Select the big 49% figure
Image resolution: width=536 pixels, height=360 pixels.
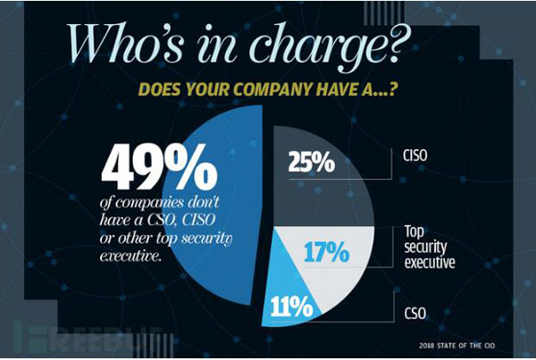tap(161, 165)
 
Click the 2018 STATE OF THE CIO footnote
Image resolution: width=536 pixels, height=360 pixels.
tap(469, 344)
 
